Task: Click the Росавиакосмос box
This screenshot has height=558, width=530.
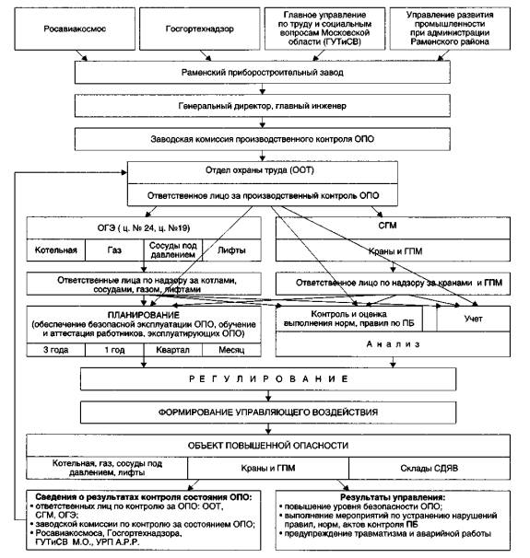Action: click(75, 29)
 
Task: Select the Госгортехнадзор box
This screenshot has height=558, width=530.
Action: click(200, 29)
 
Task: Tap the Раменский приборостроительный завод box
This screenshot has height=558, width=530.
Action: click(262, 72)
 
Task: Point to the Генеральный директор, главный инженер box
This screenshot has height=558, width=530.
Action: click(262, 106)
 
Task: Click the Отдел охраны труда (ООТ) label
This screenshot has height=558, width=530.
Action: click(260, 170)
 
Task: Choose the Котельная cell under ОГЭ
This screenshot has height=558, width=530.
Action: click(56, 250)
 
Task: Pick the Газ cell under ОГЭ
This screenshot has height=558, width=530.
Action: click(114, 250)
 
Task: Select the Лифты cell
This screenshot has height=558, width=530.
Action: click(231, 250)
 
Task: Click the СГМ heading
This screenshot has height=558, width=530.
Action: click(387, 226)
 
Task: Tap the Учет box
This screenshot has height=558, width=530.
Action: click(474, 319)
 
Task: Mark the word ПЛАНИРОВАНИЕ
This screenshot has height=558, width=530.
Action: click(144, 315)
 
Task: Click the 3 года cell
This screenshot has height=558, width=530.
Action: click(56, 350)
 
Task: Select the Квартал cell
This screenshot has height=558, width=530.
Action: click(173, 350)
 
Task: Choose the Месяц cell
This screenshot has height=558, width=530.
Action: click(231, 350)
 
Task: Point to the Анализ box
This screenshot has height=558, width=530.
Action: click(393, 344)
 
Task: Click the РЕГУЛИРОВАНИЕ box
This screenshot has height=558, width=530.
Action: click(268, 379)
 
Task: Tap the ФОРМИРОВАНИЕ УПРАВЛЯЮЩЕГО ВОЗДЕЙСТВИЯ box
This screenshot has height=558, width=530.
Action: click(268, 413)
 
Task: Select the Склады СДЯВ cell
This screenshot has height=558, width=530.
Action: click(430, 468)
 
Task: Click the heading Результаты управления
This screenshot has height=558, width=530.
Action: click(393, 497)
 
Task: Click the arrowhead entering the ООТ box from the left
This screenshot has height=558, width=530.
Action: click(124, 172)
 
